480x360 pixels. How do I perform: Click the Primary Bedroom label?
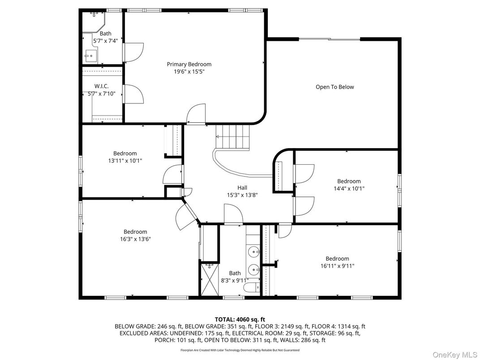pyautogui.click(x=189, y=64)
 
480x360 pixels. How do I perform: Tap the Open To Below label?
pyautogui.click(x=334, y=87)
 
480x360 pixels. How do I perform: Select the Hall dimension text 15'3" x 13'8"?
pyautogui.click(x=242, y=195)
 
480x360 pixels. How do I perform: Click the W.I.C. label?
pyautogui.click(x=101, y=86)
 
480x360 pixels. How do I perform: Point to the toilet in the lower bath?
pyautogui.click(x=252, y=287)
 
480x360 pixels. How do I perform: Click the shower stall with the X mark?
pyautogui.click(x=210, y=280)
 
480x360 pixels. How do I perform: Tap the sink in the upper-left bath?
pyautogui.click(x=90, y=56)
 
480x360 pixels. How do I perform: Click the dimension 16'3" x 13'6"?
pyautogui.click(x=135, y=239)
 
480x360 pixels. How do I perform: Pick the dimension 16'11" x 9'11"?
pyautogui.click(x=337, y=266)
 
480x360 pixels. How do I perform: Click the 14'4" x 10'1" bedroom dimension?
pyautogui.click(x=349, y=189)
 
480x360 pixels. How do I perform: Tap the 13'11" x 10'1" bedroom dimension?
pyautogui.click(x=125, y=160)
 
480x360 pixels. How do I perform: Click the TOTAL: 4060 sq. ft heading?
pyautogui.click(x=240, y=320)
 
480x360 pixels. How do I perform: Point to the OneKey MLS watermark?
pyautogui.click(x=455, y=355)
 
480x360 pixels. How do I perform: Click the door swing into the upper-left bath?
pyautogui.click(x=134, y=52)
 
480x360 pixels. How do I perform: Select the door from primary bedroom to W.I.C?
pyautogui.click(x=134, y=94)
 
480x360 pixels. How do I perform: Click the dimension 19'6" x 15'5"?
pyautogui.click(x=189, y=72)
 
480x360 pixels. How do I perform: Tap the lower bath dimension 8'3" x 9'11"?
pyautogui.click(x=235, y=280)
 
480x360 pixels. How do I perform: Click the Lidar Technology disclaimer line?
pyautogui.click(x=240, y=350)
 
